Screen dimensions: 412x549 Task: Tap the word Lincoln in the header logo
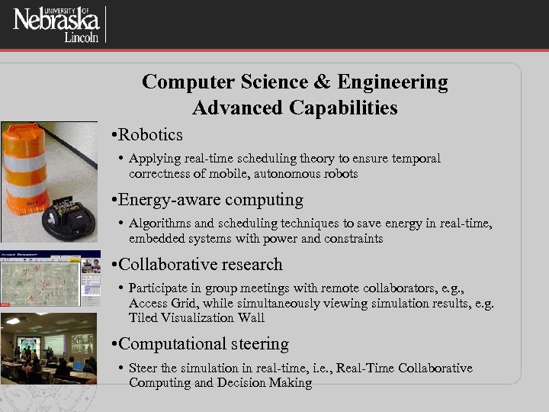(x=80, y=38)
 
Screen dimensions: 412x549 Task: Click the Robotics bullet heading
(x=150, y=135)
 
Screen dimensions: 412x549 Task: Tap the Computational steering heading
(x=204, y=343)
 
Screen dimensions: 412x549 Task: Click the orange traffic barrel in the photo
(x=30, y=169)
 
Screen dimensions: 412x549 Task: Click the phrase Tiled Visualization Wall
(x=197, y=317)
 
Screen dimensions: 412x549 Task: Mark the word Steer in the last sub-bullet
(x=143, y=369)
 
